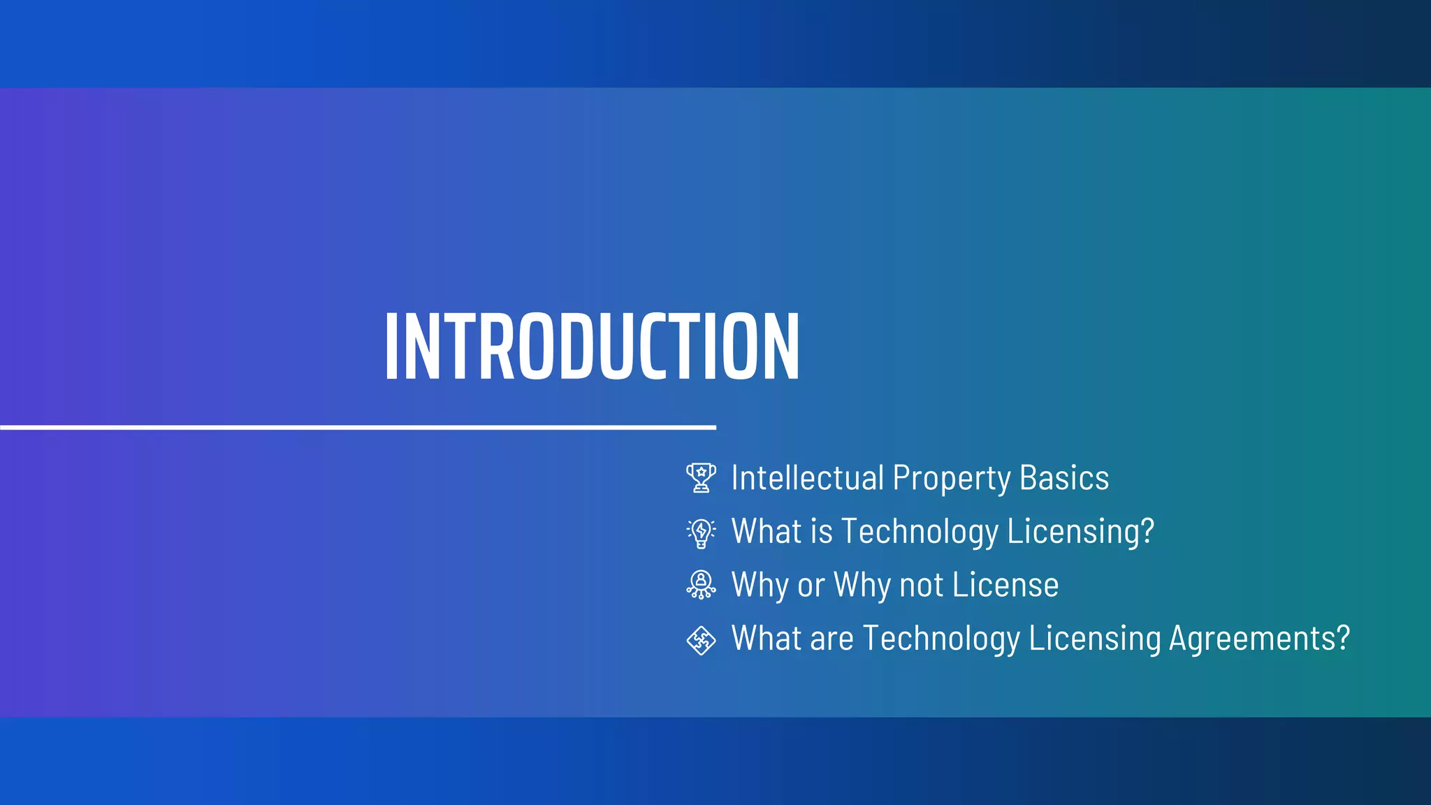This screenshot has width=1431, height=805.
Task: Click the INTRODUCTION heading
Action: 593,347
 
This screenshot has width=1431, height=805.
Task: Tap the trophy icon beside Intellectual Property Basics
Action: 701,478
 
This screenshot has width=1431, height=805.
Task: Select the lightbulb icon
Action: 701,532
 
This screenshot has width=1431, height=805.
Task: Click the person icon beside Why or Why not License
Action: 701,585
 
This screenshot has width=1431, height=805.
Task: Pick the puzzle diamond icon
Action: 701,639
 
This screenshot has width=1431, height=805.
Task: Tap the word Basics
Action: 1064,479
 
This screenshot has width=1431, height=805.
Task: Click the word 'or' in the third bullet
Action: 811,586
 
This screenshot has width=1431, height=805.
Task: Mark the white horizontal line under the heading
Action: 358,426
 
